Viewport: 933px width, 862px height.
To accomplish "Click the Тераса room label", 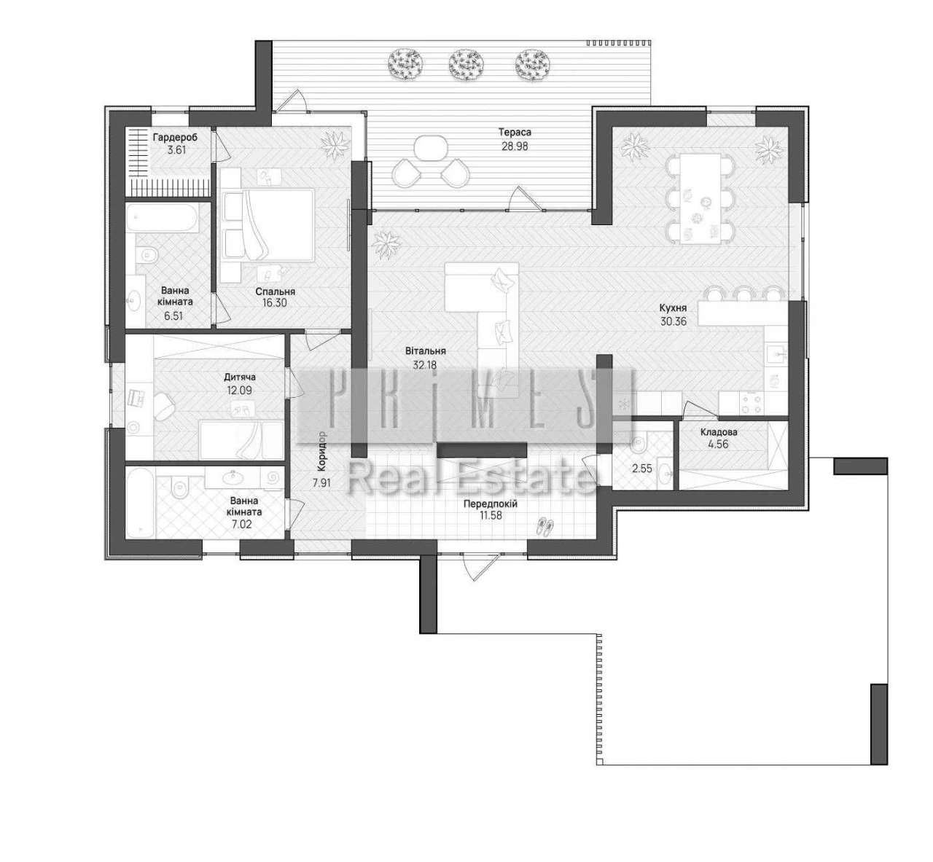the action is pyautogui.click(x=515, y=133).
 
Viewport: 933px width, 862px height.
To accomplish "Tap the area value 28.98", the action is pyautogui.click(x=515, y=146).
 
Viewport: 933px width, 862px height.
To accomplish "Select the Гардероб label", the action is pyautogui.click(x=175, y=137).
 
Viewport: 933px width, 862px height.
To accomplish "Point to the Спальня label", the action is pyautogui.click(x=276, y=291).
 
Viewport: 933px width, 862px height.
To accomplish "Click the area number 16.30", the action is pyautogui.click(x=276, y=303).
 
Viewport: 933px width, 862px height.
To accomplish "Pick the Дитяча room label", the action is pyautogui.click(x=240, y=377).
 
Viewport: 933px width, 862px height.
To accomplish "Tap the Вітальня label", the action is pyautogui.click(x=426, y=351).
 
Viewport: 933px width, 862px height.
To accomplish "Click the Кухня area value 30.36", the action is pyautogui.click(x=674, y=322).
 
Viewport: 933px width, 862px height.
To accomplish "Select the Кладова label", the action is pyautogui.click(x=718, y=432).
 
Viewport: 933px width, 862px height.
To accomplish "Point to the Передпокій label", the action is pyautogui.click(x=491, y=504).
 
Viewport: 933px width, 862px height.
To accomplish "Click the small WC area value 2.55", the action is pyautogui.click(x=641, y=469).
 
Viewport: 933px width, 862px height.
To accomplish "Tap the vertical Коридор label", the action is pyautogui.click(x=321, y=452).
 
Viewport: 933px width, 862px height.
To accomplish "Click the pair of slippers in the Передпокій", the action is pyautogui.click(x=544, y=527).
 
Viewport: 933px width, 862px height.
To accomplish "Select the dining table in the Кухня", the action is pyautogui.click(x=700, y=199).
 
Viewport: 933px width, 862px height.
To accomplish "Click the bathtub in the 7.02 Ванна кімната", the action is pyautogui.click(x=140, y=502).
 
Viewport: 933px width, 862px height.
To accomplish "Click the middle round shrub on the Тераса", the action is pyautogui.click(x=466, y=64).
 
